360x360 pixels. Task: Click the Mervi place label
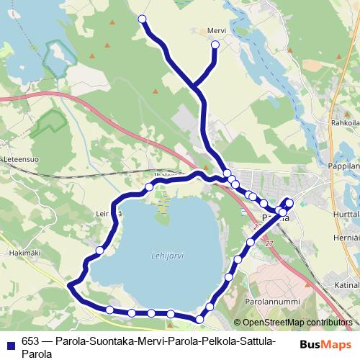217,31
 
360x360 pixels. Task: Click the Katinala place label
346,284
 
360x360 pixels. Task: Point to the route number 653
30,341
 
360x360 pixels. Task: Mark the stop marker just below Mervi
215,45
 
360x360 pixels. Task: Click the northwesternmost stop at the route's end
142,19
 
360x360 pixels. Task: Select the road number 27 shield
269,245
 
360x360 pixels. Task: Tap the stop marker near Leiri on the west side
100,250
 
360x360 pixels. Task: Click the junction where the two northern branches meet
195,88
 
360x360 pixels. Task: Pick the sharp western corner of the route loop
70,286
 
